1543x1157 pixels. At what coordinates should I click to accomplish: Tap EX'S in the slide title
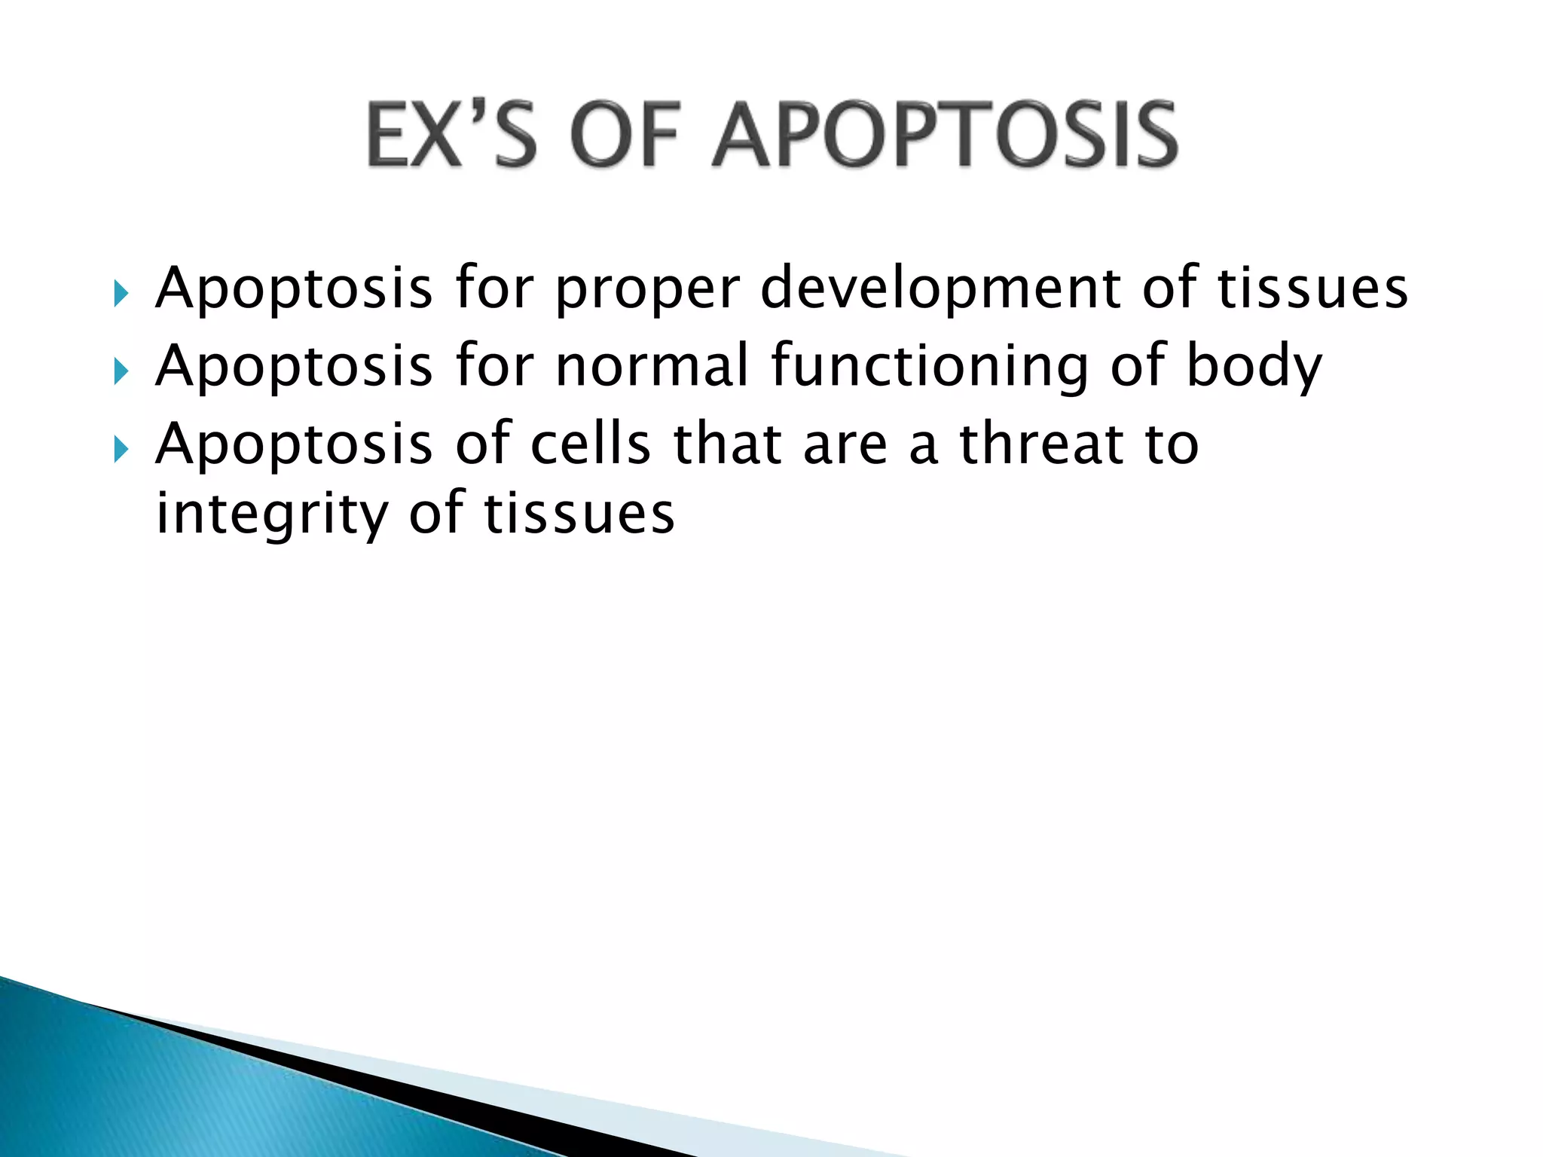point(451,136)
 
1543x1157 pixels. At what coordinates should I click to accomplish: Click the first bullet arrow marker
point(121,293)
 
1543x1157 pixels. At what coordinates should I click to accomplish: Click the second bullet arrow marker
point(121,371)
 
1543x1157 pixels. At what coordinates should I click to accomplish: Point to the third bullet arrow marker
point(121,450)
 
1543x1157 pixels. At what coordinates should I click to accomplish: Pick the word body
point(1254,368)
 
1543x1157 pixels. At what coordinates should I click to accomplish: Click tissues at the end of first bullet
point(1312,290)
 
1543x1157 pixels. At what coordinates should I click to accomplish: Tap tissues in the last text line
point(579,515)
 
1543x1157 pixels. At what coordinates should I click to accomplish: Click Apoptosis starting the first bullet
point(294,291)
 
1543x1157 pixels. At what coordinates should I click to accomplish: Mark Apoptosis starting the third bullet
point(294,446)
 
